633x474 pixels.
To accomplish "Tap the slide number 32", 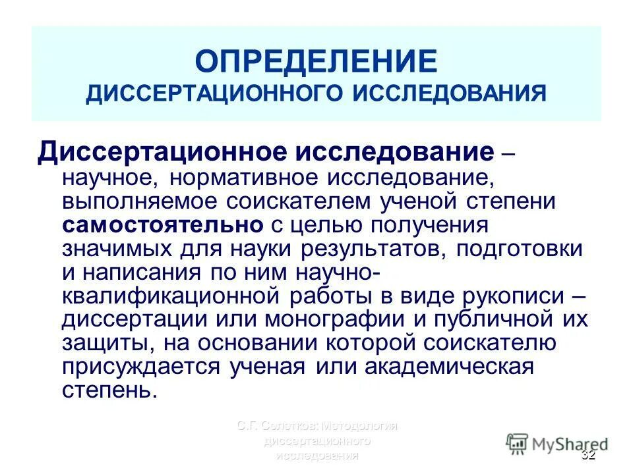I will tap(588, 456).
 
